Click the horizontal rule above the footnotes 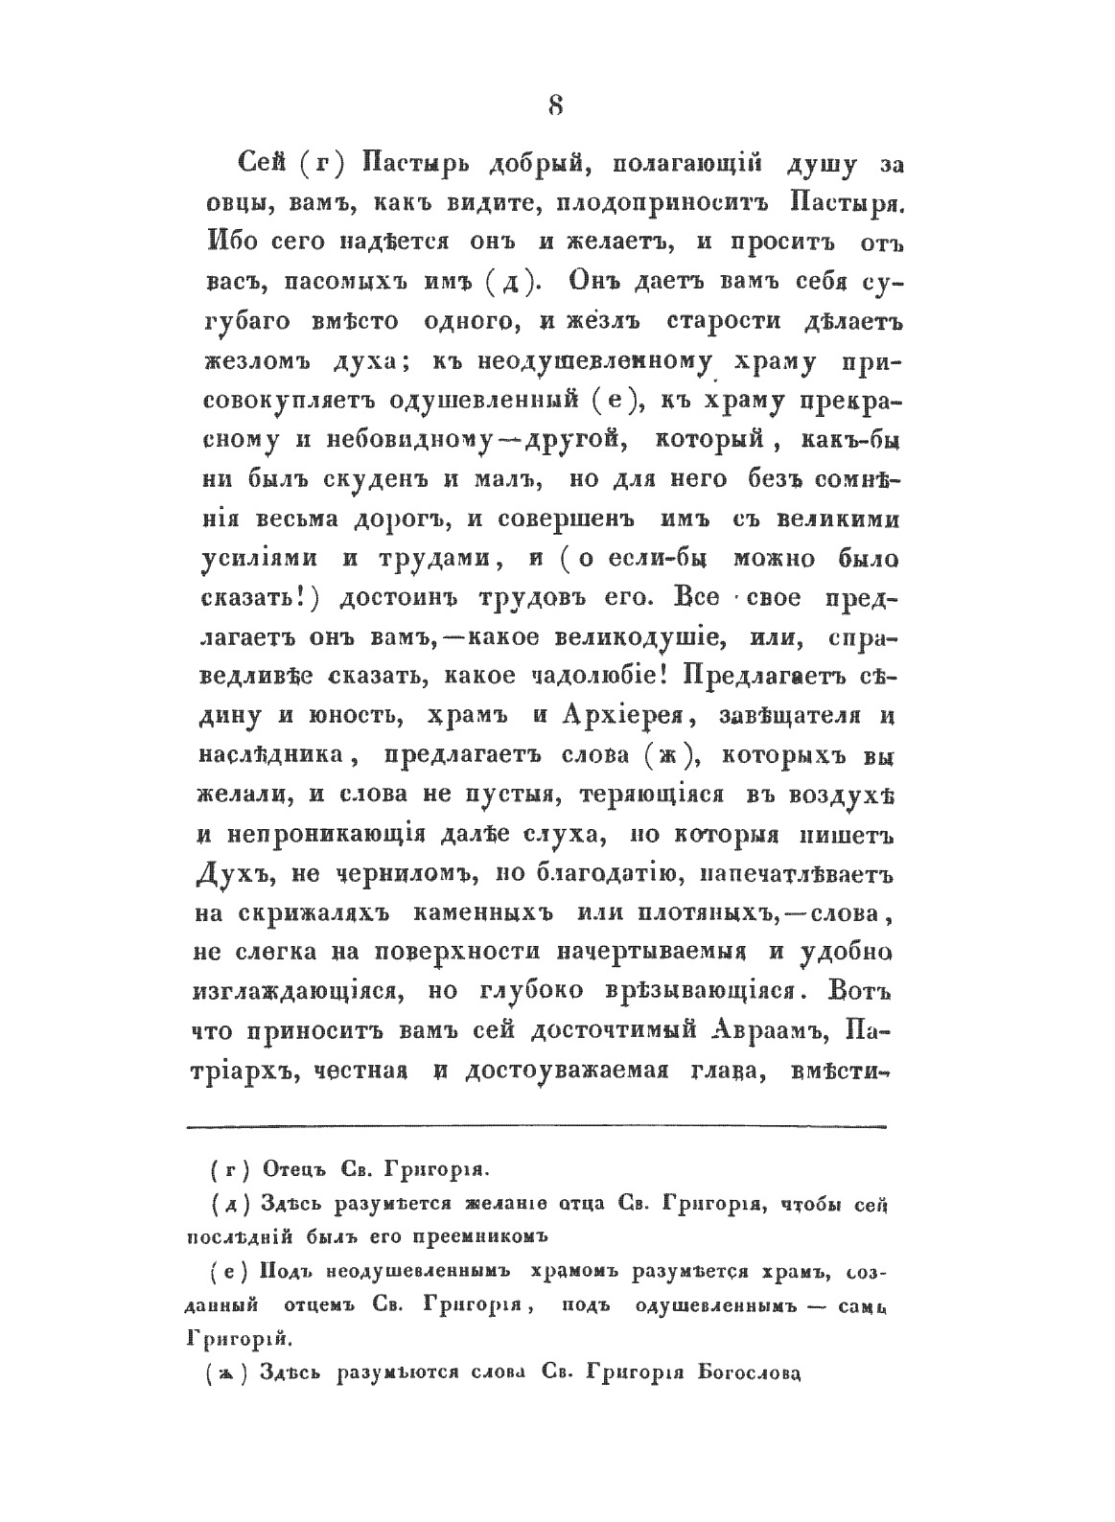(537, 1126)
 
